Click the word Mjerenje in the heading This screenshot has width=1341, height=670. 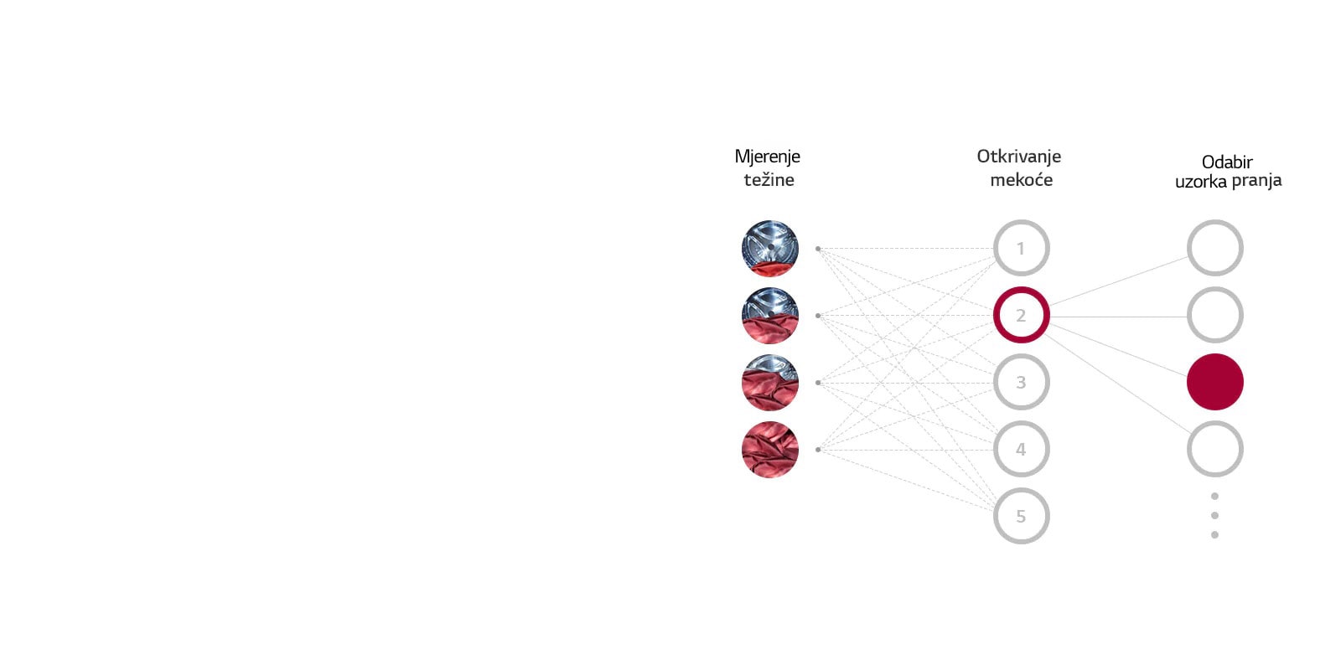tap(767, 157)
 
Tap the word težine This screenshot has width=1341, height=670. tap(769, 179)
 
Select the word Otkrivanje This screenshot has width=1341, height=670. tap(1018, 157)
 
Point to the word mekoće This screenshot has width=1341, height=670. tap(1021, 179)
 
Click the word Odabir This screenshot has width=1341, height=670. tap(1227, 162)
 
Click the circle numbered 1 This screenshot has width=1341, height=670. tap(1021, 248)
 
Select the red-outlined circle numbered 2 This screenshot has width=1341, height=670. tap(1021, 315)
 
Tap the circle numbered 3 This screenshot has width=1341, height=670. tap(1021, 382)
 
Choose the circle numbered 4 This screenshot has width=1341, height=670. tap(1021, 449)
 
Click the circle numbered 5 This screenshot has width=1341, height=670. tap(1021, 516)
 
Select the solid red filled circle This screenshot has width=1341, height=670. tap(1214, 382)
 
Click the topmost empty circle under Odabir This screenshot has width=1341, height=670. tap(1214, 248)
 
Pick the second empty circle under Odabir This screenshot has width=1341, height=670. tap(1214, 315)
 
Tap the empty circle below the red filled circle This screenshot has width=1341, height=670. tap(1214, 449)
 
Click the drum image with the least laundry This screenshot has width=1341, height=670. tap(769, 248)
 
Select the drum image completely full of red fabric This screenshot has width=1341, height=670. tap(769, 450)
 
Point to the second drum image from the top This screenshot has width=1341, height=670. tap(769, 315)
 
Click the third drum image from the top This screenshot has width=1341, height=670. tap(769, 382)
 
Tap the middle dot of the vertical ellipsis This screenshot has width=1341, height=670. tap(1214, 515)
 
